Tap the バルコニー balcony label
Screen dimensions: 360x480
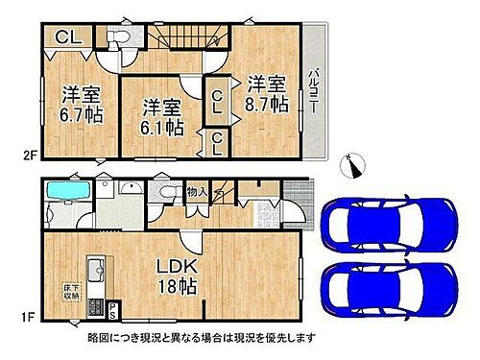(314, 92)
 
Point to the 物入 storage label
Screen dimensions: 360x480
(196, 190)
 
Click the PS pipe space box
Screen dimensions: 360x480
(112, 309)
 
